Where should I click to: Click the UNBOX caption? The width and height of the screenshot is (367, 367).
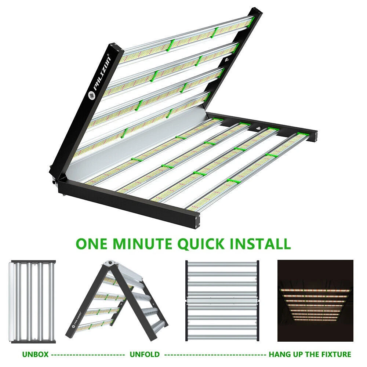click(x=35, y=355)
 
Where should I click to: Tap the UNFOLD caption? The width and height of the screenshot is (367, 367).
click(x=145, y=355)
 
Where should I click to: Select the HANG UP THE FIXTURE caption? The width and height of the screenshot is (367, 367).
click(x=310, y=355)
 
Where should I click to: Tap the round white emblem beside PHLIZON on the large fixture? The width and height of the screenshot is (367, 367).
click(x=92, y=95)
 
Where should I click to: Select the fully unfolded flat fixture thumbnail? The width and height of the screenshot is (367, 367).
click(x=222, y=301)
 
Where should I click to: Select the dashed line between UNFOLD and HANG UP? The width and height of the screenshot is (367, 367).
click(x=215, y=355)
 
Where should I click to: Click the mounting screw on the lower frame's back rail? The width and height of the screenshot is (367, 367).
click(x=259, y=128)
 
